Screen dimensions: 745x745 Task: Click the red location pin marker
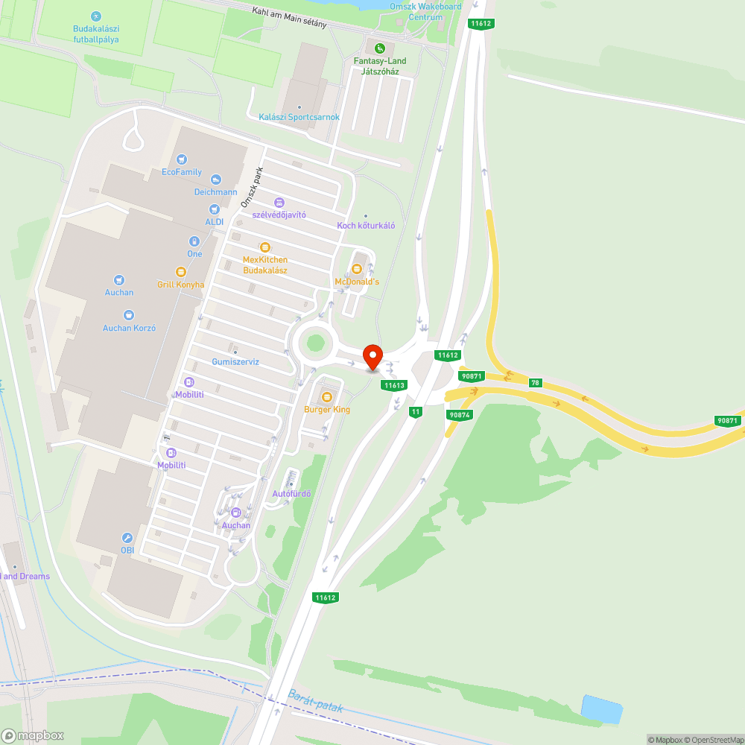(x=372, y=357)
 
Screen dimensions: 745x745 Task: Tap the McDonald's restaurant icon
(x=357, y=267)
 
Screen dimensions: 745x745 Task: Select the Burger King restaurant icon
(x=326, y=396)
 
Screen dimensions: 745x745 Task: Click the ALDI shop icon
(x=215, y=209)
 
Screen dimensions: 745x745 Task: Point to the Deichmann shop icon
(x=215, y=179)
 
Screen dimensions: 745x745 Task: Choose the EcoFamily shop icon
(x=182, y=159)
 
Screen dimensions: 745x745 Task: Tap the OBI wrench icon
(x=127, y=537)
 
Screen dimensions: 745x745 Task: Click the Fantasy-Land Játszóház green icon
(x=380, y=49)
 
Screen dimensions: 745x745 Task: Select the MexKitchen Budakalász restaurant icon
(x=264, y=247)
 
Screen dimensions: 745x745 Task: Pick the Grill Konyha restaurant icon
(x=180, y=272)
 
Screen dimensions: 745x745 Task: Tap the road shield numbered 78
(x=535, y=382)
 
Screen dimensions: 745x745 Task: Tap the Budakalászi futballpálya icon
(x=95, y=16)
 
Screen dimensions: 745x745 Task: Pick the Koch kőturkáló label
(x=366, y=225)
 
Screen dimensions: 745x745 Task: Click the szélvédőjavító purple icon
(x=279, y=202)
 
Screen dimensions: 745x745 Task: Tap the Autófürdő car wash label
(x=291, y=494)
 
